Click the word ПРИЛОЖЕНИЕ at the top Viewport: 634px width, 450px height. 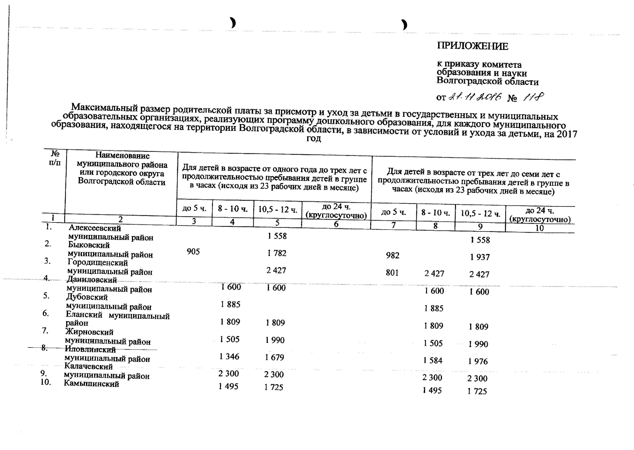coord(472,46)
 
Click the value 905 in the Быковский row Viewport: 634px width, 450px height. coord(193,252)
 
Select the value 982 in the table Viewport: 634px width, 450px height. coord(392,255)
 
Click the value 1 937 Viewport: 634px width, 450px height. coord(480,257)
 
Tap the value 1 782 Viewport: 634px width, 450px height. coord(277,253)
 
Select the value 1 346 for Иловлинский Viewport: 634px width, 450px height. coord(229,356)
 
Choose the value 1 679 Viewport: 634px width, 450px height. coord(274,357)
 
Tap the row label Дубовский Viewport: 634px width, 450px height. coord(87,297)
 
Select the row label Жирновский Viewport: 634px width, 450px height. coord(89,332)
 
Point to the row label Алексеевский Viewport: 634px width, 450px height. coord(95,228)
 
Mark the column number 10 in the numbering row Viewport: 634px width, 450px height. coord(539,228)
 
